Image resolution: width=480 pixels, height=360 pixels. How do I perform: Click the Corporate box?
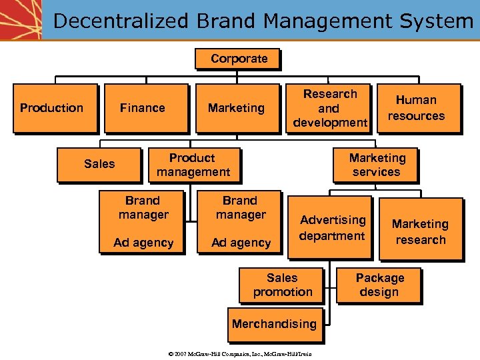pyautogui.click(x=239, y=59)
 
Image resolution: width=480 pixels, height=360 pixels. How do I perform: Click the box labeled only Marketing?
pyautogui.click(x=236, y=108)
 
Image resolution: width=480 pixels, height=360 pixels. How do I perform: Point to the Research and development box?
pyautogui.click(x=330, y=108)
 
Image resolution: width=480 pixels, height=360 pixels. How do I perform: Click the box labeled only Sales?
pyautogui.click(x=99, y=164)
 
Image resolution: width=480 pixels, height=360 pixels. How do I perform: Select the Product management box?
pyautogui.click(x=193, y=165)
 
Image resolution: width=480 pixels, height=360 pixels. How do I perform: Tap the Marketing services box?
pyautogui.click(x=377, y=165)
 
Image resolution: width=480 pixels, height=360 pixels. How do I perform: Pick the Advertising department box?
pyautogui.click(x=331, y=227)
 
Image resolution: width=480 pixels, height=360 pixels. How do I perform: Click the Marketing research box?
pyautogui.click(x=421, y=231)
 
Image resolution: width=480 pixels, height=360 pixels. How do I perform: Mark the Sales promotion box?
pyautogui.click(x=282, y=285)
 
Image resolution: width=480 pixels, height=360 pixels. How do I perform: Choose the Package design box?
pyautogui.click(x=379, y=285)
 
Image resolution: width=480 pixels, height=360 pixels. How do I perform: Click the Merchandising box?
pyautogui.click(x=275, y=324)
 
